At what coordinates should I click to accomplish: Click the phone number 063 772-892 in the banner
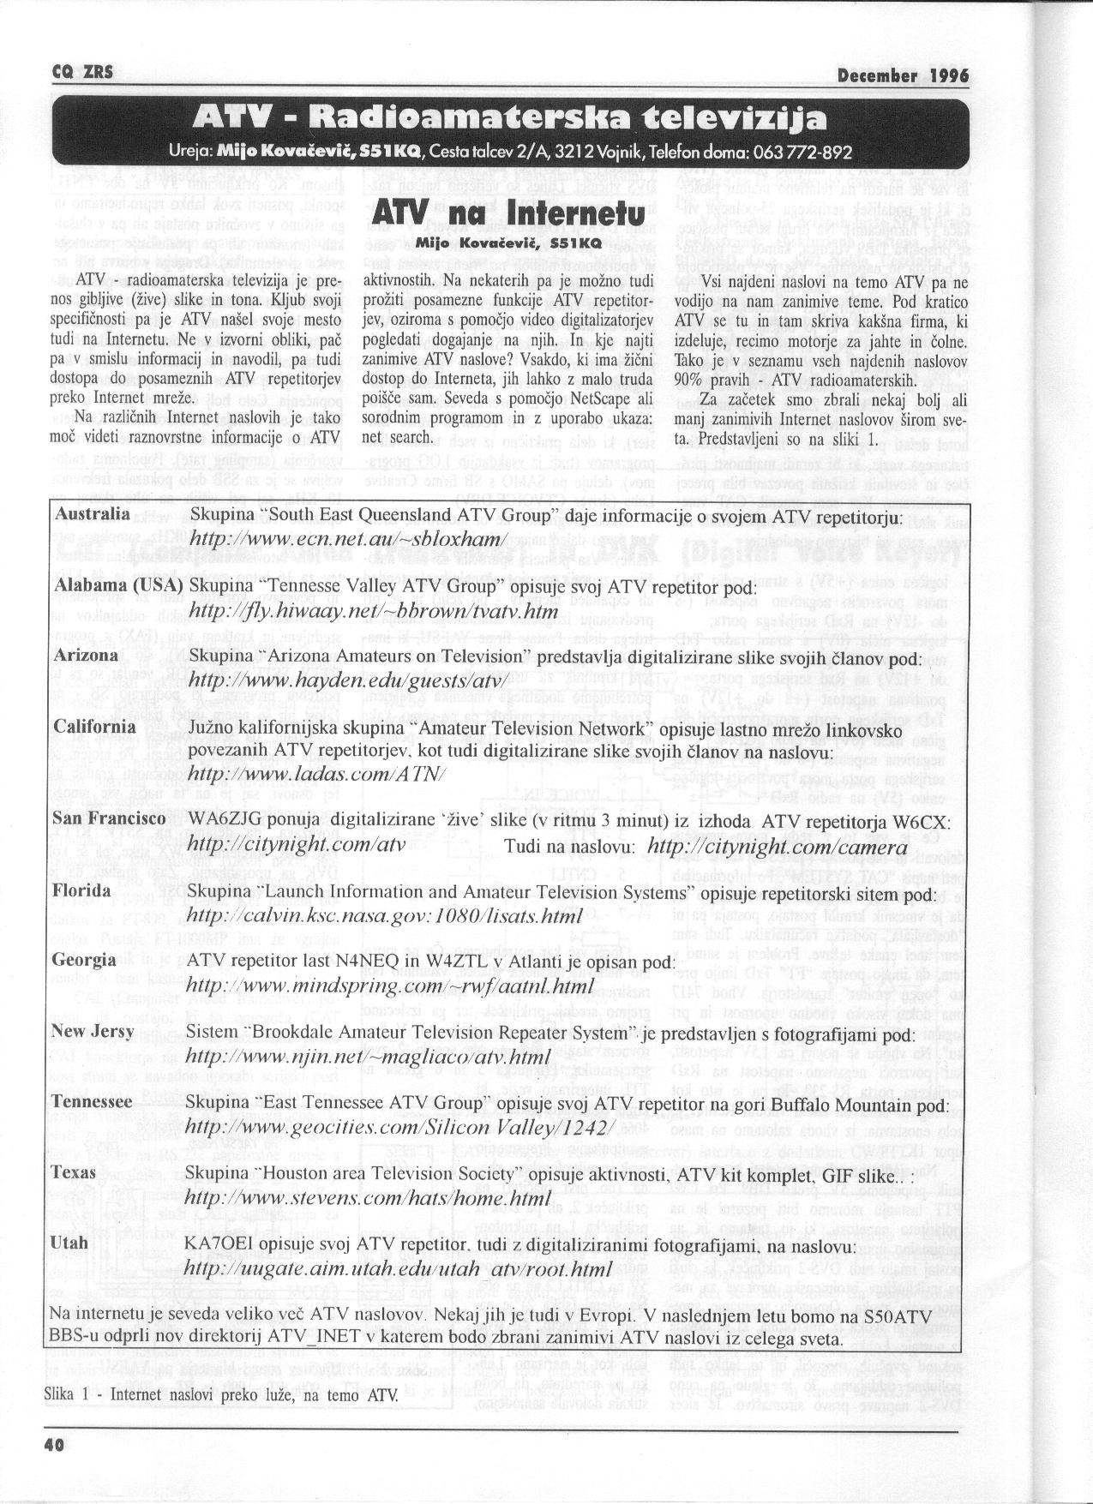802,153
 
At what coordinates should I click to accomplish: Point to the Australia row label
92,514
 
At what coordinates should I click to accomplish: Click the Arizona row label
86,656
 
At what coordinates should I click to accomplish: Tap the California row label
94,727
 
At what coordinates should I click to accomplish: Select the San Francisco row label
109,819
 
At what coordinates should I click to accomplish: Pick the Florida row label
81,890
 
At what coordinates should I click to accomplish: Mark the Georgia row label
84,960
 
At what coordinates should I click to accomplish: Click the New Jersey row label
93,1031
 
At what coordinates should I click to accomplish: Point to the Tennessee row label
93,1101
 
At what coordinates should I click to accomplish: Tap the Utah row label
69,1242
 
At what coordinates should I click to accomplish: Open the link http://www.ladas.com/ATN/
315,775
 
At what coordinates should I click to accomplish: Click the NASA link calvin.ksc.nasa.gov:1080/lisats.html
384,916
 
